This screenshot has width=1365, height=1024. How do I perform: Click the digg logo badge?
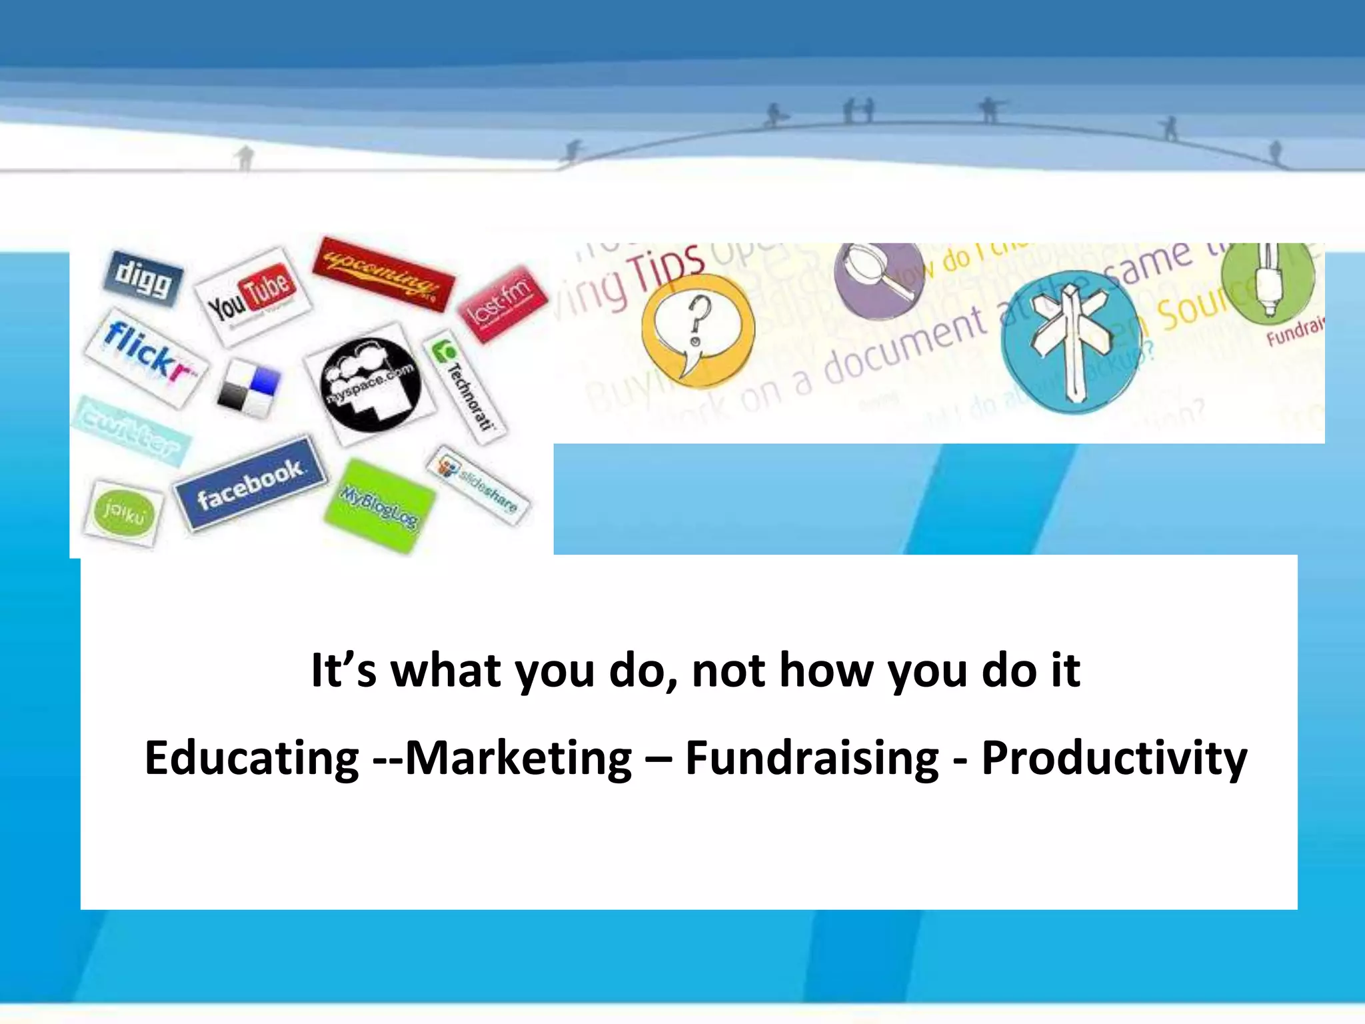pyautogui.click(x=143, y=279)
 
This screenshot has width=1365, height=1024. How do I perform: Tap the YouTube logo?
pyautogui.click(x=252, y=296)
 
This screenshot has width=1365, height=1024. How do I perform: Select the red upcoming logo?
pyautogui.click(x=383, y=274)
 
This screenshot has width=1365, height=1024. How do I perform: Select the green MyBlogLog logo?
pyautogui.click(x=379, y=505)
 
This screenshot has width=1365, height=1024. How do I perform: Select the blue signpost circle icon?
pyautogui.click(x=1071, y=341)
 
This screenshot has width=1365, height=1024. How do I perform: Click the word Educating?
pyautogui.click(x=252, y=759)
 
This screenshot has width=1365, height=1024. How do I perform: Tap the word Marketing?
pyautogui.click(x=519, y=759)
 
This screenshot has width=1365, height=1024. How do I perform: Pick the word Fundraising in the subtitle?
pyautogui.click(x=812, y=759)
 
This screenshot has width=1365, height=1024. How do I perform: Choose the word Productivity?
pyautogui.click(x=1114, y=759)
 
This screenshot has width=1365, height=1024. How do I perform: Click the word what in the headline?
pyautogui.click(x=445, y=670)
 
